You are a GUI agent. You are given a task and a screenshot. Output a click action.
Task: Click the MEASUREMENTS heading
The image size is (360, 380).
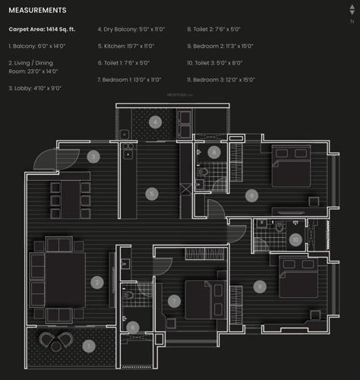tap(37, 11)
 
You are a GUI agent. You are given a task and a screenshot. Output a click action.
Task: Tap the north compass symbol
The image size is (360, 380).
tap(351, 14)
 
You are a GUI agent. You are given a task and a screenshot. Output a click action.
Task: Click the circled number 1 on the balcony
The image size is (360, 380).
tap(89, 346)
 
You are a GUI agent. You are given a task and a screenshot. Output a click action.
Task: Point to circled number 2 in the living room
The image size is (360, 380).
tap(97, 283)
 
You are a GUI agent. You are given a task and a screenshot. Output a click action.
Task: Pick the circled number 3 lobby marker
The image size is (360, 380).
tap(93, 157)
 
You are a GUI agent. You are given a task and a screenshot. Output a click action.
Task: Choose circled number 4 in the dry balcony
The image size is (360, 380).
tap(155, 122)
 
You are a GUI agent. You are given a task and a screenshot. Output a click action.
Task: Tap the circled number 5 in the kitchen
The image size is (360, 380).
tap(152, 194)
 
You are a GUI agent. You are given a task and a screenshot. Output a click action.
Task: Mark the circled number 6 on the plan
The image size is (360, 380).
tap(133, 328)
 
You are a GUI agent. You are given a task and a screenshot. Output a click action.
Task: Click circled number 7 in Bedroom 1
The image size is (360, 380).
tap(174, 302)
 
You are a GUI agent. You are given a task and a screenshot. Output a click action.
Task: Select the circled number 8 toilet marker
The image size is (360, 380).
tap(214, 152)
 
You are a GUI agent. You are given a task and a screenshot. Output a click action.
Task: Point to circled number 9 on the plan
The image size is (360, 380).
tap(251, 195)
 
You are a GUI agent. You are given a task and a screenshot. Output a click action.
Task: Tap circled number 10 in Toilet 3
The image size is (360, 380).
tap(295, 240)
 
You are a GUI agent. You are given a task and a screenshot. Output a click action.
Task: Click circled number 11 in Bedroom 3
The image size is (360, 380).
tap(260, 287)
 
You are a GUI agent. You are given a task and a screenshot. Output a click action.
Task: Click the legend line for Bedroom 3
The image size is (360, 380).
tap(221, 79)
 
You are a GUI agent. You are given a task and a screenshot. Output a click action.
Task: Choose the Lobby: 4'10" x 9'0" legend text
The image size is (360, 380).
tap(35, 88)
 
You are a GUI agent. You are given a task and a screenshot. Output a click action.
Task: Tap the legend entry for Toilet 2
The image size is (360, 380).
tap(214, 29)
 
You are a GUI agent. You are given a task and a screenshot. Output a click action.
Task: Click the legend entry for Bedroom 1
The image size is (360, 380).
tap(129, 79)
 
